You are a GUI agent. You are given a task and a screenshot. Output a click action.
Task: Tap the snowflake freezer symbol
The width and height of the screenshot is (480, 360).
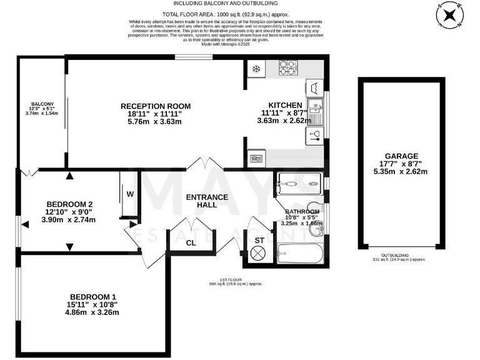pos(255,68)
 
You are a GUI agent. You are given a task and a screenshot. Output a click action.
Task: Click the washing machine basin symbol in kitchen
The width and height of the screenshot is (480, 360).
pos(314,87)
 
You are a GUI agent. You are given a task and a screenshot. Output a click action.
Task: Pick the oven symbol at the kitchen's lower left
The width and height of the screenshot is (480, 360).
pos(256,159)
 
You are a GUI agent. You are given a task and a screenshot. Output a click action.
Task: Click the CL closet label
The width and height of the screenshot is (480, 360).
pos(191,243)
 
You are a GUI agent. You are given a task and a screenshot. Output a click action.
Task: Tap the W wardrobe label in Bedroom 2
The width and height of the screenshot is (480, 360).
pos(130,194)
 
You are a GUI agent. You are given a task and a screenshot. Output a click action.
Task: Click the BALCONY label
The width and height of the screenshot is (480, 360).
pos(42,104)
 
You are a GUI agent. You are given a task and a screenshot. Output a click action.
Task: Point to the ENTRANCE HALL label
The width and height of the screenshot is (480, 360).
pos(207,202)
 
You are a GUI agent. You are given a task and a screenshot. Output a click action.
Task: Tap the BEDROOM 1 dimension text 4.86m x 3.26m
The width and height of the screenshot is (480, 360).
pos(94,312)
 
